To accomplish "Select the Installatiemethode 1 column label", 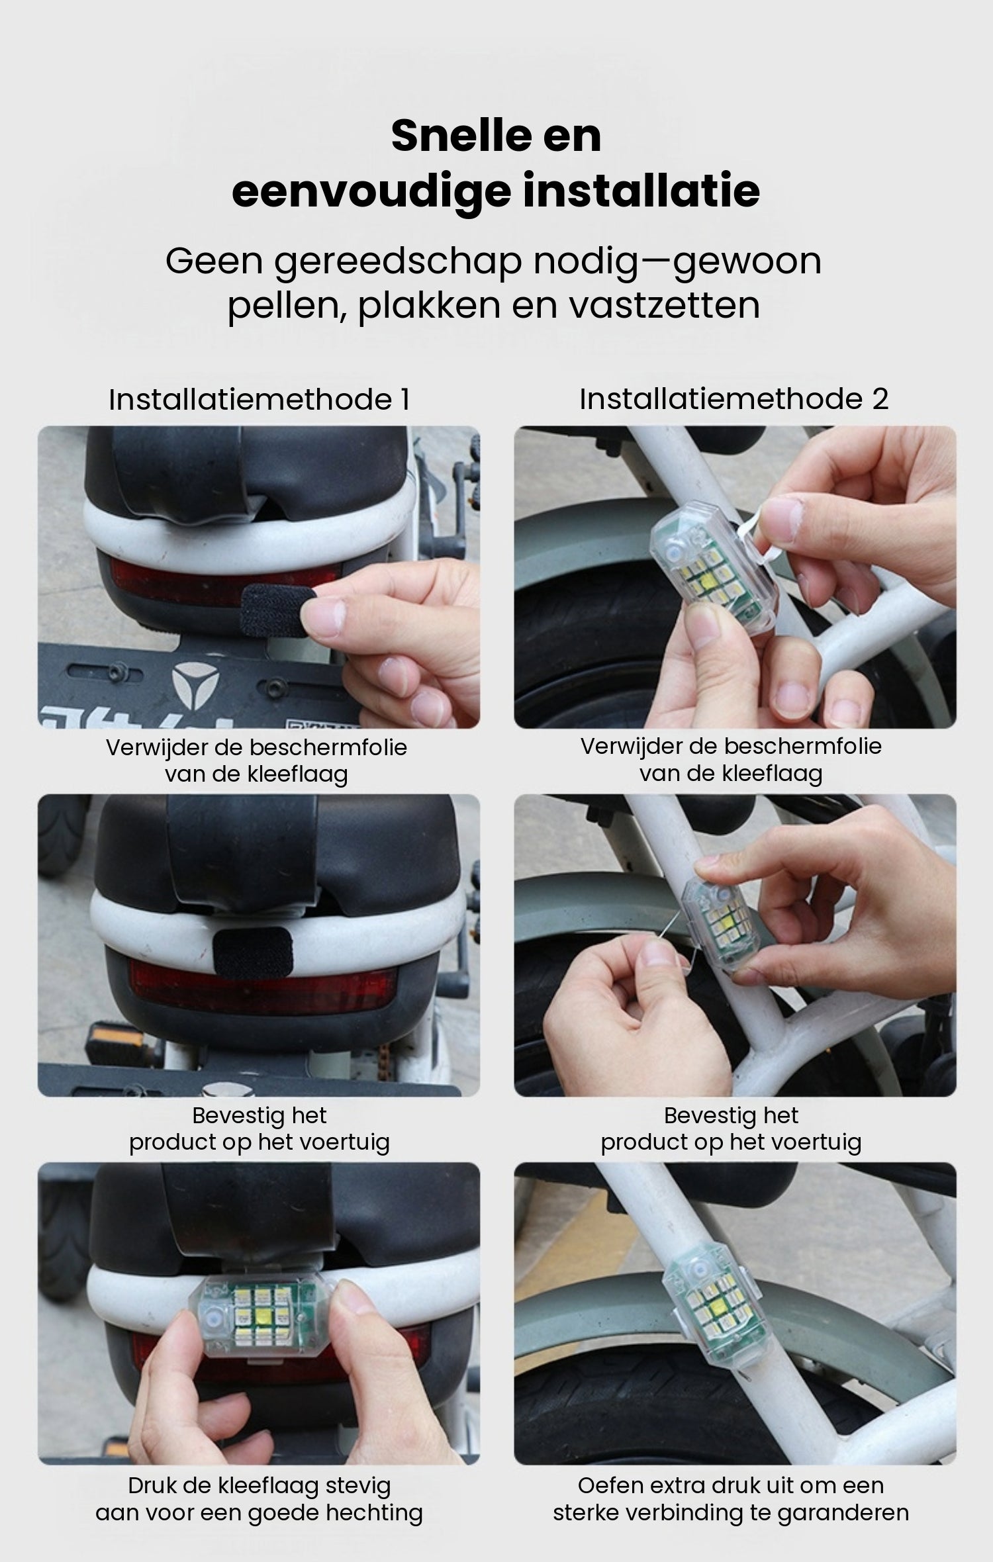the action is click(259, 400).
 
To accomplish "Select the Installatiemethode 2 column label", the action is click(733, 399).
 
